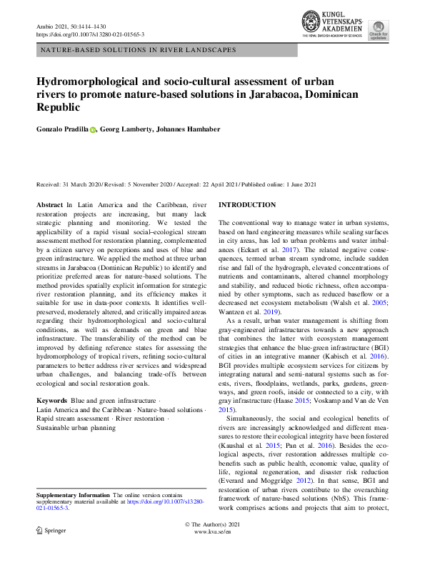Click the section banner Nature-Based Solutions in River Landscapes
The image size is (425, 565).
138,50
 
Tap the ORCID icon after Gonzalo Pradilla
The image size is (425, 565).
93,129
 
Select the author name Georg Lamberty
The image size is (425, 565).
125,129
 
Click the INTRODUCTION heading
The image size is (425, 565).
246,205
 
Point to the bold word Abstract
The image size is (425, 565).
49,205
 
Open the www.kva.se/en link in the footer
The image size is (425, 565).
212,532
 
